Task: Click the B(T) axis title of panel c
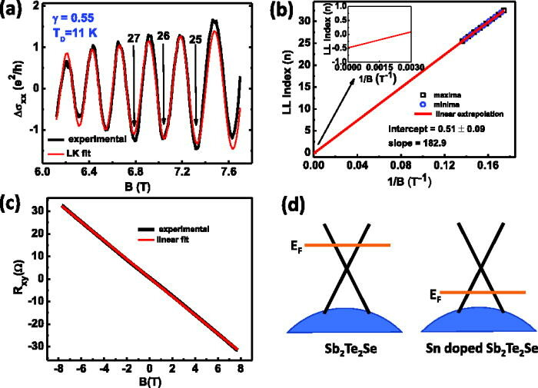[151, 377]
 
